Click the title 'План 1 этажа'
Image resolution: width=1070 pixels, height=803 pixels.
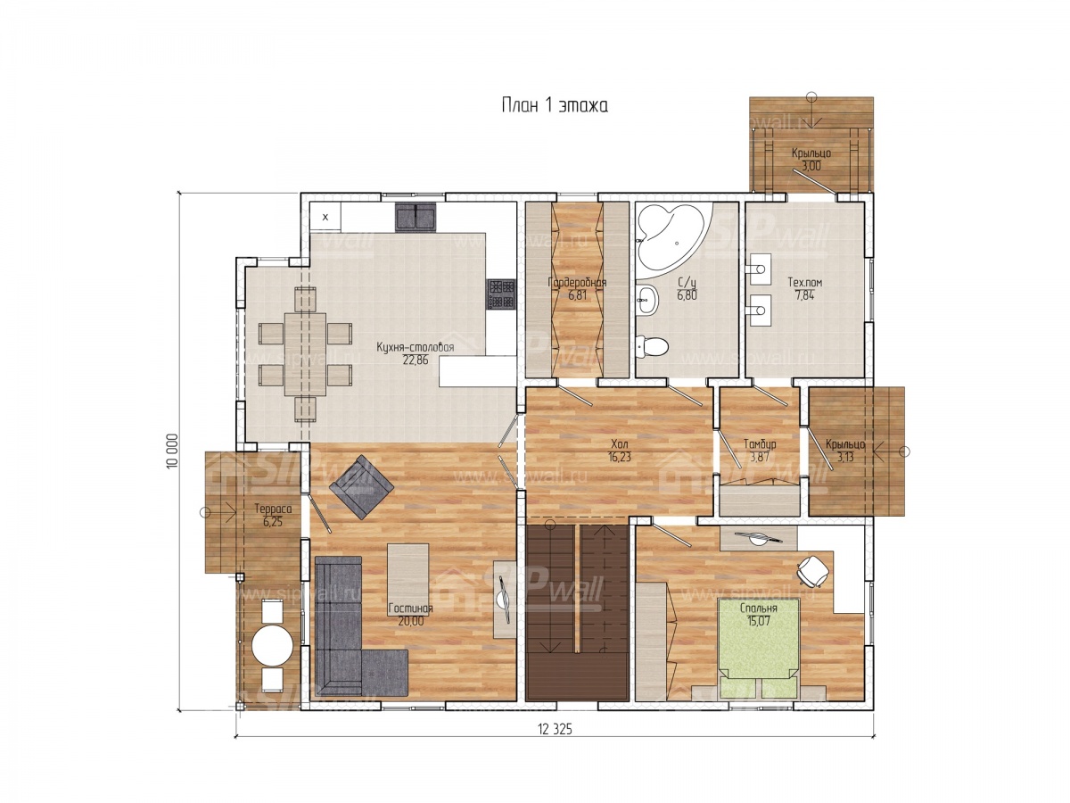(555, 106)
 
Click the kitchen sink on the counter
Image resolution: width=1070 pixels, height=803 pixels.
(415, 218)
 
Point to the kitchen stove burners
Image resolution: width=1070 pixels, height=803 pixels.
(500, 294)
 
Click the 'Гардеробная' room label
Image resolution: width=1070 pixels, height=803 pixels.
(577, 282)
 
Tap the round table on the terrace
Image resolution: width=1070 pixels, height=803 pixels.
(272, 646)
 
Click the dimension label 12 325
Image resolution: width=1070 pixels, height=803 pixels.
(555, 729)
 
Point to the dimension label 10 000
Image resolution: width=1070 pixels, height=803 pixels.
(173, 451)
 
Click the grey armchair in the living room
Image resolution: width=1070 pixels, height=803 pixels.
(361, 486)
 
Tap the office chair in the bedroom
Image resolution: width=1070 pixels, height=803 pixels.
(812, 569)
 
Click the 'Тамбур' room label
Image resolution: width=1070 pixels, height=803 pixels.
(760, 444)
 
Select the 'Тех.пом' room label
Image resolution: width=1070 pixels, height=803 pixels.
(805, 282)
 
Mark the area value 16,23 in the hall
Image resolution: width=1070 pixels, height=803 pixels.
(620, 457)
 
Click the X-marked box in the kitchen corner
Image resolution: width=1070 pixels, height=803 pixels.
(325, 217)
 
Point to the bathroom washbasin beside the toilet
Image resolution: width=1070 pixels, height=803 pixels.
(648, 299)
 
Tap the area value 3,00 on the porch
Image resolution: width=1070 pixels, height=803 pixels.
(811, 166)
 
